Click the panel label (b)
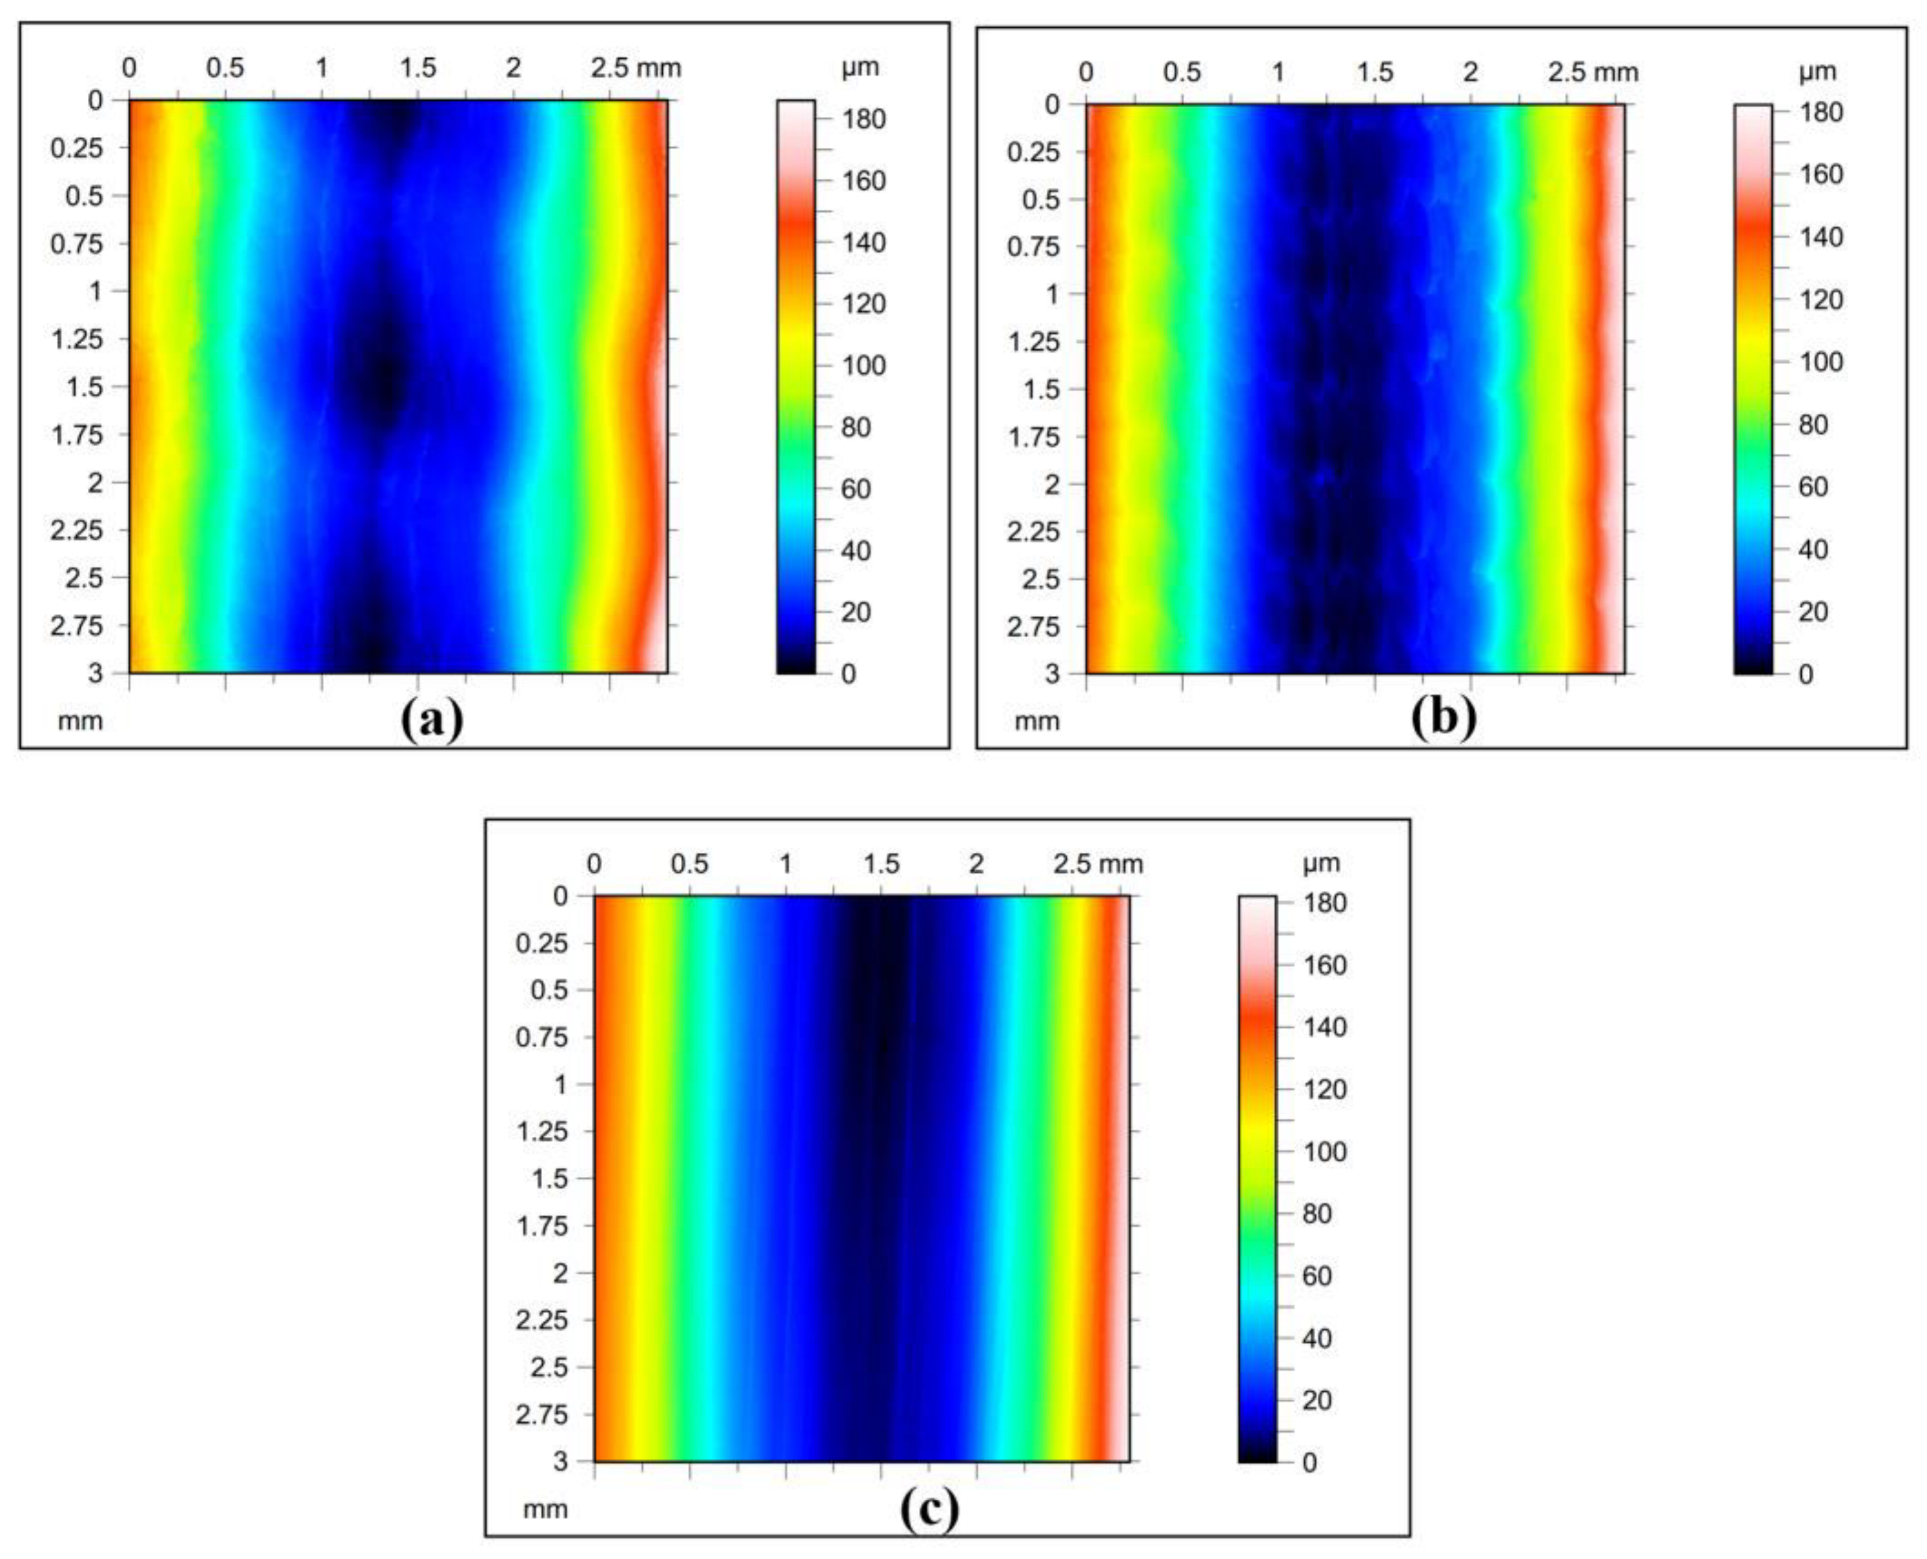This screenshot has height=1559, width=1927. (1443, 718)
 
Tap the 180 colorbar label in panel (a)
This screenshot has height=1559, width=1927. (864, 119)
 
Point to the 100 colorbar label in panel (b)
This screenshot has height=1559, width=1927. (1821, 362)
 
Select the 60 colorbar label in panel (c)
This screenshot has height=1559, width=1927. (1318, 1275)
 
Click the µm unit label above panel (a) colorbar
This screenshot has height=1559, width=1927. (860, 67)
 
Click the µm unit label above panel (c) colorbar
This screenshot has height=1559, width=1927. (1320, 863)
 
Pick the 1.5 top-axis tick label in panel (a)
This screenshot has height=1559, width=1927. (417, 68)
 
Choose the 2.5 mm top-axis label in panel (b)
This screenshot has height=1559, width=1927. (1592, 73)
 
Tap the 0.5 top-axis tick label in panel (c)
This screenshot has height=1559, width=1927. (689, 864)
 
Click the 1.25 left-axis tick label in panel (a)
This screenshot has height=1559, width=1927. (76, 339)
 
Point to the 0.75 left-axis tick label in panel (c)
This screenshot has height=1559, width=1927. (542, 1038)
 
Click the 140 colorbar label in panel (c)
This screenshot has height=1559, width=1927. (1324, 1027)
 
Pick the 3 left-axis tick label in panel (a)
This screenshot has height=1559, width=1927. (95, 673)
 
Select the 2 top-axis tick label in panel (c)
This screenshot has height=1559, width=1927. (976, 864)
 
